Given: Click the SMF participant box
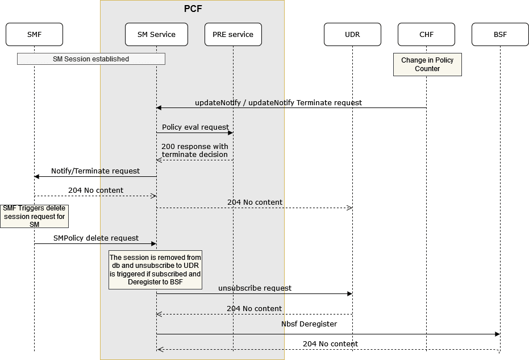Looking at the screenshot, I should [34, 34].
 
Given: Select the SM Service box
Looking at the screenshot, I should [156, 34].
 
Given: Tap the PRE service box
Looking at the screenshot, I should [233, 34].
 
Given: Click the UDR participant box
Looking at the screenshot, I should [352, 34].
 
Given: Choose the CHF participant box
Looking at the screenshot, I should [426, 34].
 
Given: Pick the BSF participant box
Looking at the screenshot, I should [500, 34].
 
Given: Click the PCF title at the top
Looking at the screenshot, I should [193, 9].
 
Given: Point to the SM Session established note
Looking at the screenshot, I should [91, 59].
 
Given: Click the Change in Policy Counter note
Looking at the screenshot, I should [427, 64].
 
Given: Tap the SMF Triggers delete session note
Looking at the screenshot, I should [34, 216].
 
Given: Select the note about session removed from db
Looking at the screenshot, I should [155, 270].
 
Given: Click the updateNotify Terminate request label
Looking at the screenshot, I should [278, 103].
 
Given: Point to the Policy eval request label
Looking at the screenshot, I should [195, 127].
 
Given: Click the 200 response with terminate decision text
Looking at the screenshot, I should [195, 150].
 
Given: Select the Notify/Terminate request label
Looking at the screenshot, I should [95, 171].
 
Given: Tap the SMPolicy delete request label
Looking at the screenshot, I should [96, 238].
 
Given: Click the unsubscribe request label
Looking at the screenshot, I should [255, 288].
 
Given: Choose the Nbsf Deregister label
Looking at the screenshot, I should [309, 324].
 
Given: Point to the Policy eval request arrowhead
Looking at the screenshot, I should [230, 133].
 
